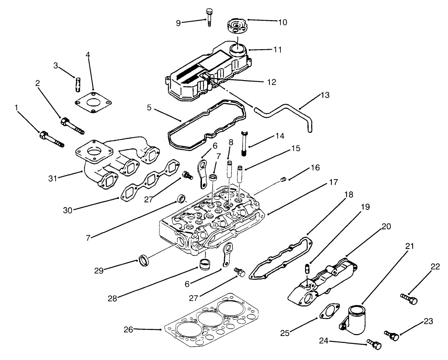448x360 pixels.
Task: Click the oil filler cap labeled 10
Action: point(236,26)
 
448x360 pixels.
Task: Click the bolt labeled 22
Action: point(408,301)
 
